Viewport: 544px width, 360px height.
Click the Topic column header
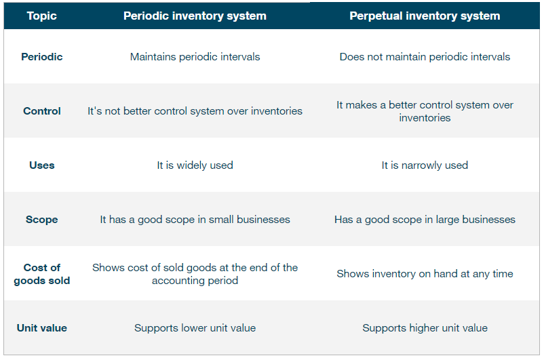(41, 16)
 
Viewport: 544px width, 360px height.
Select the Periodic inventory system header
(195, 16)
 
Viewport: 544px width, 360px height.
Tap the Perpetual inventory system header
(425, 16)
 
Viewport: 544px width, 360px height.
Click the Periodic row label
(41, 57)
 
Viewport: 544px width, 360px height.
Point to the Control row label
(41, 111)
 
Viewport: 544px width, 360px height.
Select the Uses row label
(41, 165)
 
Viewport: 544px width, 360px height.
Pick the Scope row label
(41, 220)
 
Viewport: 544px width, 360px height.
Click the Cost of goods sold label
(41, 274)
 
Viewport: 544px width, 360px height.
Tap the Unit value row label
(41, 328)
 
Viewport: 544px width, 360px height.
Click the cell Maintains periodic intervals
(195, 57)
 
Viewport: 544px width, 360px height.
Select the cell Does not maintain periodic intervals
(425, 57)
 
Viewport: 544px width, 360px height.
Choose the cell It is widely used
(195, 165)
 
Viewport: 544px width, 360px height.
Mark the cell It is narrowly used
(425, 165)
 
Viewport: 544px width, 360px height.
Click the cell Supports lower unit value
(195, 328)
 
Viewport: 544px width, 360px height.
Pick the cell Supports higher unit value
(425, 328)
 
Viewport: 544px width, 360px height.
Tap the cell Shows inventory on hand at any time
(425, 274)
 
